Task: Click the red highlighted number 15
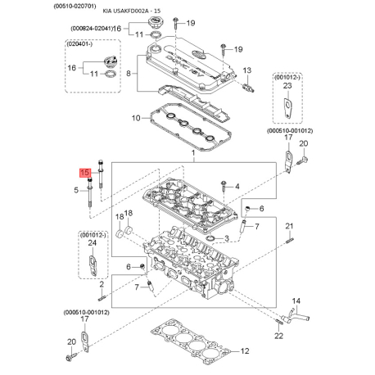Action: pos(84,174)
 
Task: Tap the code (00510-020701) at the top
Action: pos(29,5)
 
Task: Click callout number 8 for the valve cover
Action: pos(129,73)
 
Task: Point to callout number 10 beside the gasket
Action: pos(136,119)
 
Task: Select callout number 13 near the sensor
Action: pos(246,71)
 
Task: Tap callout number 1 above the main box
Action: pos(192,154)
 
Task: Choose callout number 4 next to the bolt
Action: pos(237,187)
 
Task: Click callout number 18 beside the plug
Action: pos(120,216)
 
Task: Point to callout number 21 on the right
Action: pos(289,226)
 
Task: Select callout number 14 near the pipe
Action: pos(297,301)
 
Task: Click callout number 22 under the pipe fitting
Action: pos(279,336)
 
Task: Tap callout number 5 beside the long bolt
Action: pos(76,190)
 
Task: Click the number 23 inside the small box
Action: pos(287,85)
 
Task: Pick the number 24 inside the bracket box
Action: pos(92,243)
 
